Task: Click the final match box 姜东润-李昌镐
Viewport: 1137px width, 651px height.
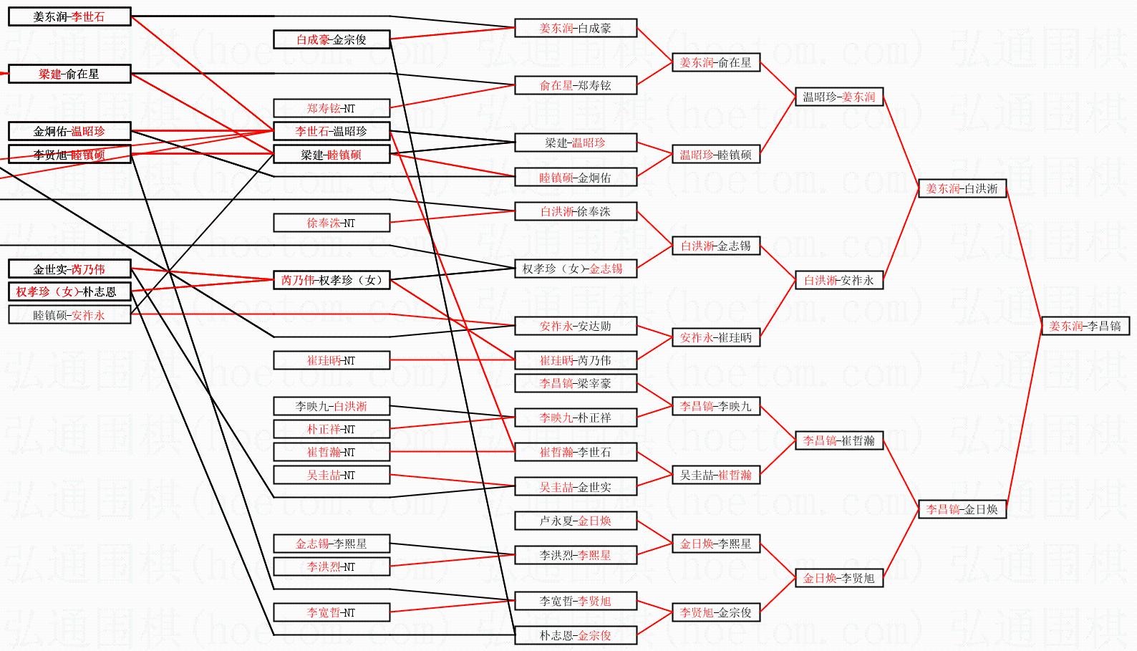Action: pyautogui.click(x=1085, y=326)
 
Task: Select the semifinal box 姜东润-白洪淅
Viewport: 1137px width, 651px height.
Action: pyautogui.click(x=962, y=188)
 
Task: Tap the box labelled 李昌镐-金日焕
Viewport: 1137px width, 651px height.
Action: pyautogui.click(x=962, y=509)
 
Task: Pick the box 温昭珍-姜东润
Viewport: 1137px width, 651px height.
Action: pyautogui.click(x=838, y=97)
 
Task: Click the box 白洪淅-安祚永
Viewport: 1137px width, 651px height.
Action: pyautogui.click(x=838, y=280)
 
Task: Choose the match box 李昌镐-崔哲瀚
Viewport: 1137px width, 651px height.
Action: pyautogui.click(x=838, y=440)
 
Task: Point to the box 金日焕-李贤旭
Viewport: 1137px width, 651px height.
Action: pyautogui.click(x=838, y=578)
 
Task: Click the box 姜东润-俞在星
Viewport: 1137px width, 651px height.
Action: pyautogui.click(x=715, y=62)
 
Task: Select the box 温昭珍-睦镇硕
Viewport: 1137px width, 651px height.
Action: pyautogui.click(x=715, y=154)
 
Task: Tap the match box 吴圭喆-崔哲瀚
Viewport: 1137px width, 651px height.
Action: pyautogui.click(x=715, y=475)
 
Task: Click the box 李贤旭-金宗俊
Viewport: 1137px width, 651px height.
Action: pyautogui.click(x=715, y=612)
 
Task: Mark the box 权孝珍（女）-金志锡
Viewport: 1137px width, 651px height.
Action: pyautogui.click(x=576, y=269)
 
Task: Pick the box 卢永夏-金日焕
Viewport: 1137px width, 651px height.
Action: pyautogui.click(x=576, y=521)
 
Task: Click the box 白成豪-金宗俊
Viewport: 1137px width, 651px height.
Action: pyautogui.click(x=332, y=39)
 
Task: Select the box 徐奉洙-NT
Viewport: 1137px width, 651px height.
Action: pyautogui.click(x=332, y=223)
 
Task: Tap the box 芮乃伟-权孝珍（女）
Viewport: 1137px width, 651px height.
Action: pyautogui.click(x=332, y=280)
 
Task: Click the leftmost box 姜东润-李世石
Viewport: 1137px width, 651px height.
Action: pyautogui.click(x=69, y=16)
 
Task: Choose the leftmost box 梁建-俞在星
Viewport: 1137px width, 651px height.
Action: pyautogui.click(x=69, y=74)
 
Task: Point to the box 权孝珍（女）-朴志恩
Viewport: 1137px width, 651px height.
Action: pyautogui.click(x=69, y=291)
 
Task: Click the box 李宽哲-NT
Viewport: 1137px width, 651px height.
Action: pyautogui.click(x=332, y=612)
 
